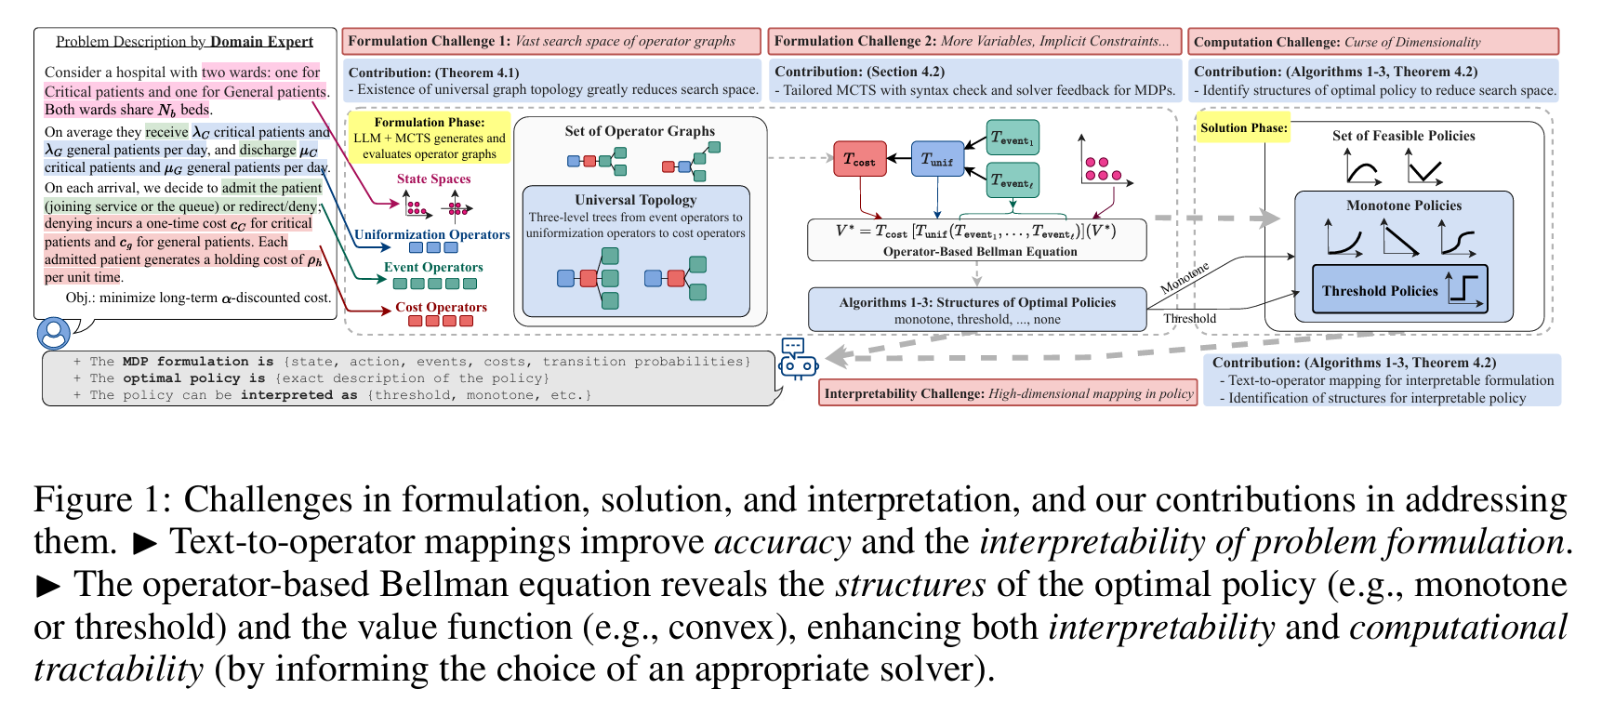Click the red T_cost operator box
click(859, 160)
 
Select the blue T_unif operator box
click(937, 160)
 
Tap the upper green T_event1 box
click(1013, 138)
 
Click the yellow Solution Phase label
click(1243, 127)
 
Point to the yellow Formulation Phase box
click(430, 138)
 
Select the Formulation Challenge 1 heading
click(430, 41)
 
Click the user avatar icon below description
click(53, 333)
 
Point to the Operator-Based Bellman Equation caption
click(980, 251)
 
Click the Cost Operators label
click(441, 307)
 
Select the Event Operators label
click(433, 267)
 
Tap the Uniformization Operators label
click(432, 234)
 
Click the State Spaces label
click(433, 179)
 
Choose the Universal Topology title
click(635, 200)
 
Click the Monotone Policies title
click(1403, 205)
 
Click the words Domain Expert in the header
click(261, 42)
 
